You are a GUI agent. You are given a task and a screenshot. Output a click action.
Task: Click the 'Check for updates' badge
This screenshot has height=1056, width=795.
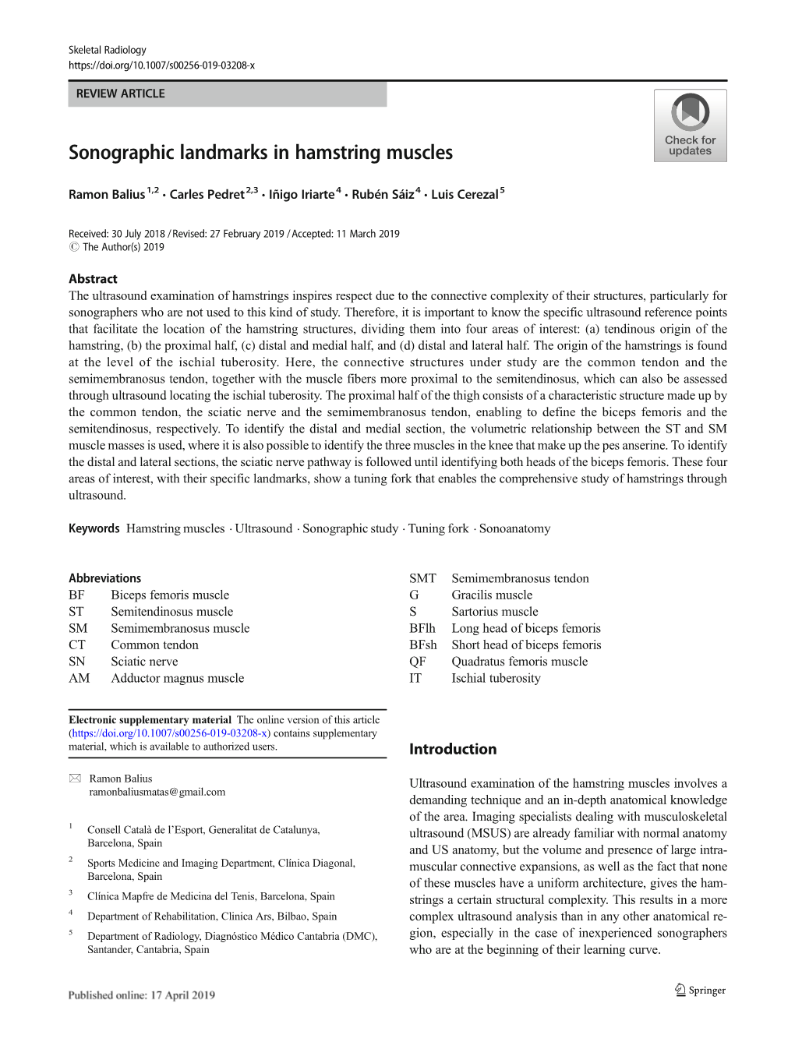pos(690,125)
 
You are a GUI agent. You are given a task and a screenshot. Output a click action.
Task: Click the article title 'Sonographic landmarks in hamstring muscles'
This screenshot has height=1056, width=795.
pos(260,153)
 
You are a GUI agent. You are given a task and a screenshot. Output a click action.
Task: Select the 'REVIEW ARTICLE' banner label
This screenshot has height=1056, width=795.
pos(121,94)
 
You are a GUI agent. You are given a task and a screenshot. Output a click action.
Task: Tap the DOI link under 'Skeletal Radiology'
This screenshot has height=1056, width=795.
pos(161,65)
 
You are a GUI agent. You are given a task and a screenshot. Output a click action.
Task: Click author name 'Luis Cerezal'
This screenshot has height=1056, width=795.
pos(465,194)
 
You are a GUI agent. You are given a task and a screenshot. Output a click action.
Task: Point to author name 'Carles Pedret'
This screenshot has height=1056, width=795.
pos(207,194)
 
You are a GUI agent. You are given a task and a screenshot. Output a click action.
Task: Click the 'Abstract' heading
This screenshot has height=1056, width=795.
pos(93,279)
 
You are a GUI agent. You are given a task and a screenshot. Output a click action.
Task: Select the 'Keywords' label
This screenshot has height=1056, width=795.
pos(94,528)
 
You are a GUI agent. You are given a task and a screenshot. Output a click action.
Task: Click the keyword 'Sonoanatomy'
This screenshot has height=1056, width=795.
pos(514,528)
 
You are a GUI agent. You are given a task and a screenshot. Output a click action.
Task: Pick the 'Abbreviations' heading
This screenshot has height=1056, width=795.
pos(104,578)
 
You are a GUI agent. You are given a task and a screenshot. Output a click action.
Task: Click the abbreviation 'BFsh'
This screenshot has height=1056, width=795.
pos(423,645)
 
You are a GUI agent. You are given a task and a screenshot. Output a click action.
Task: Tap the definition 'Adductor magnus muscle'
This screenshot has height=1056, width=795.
pos(177,678)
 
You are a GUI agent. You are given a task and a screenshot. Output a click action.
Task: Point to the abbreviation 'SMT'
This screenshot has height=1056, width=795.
pos(422,578)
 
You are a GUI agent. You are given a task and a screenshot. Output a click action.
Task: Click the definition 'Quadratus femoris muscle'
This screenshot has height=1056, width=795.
pos(519,662)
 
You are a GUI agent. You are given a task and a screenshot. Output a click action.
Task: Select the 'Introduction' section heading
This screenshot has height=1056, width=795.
pos(453,749)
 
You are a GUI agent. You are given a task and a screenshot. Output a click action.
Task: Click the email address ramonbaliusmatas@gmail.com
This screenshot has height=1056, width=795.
pos(157,792)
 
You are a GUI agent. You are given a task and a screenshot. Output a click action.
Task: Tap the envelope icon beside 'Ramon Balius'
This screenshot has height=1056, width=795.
pos(75,779)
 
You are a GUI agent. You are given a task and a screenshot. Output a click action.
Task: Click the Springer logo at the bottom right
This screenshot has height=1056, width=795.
pos(700,990)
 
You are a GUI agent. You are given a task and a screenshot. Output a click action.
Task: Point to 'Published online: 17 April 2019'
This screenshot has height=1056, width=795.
pos(141,995)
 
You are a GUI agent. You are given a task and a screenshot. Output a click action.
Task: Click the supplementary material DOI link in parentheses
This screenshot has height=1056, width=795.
pos(170,733)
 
